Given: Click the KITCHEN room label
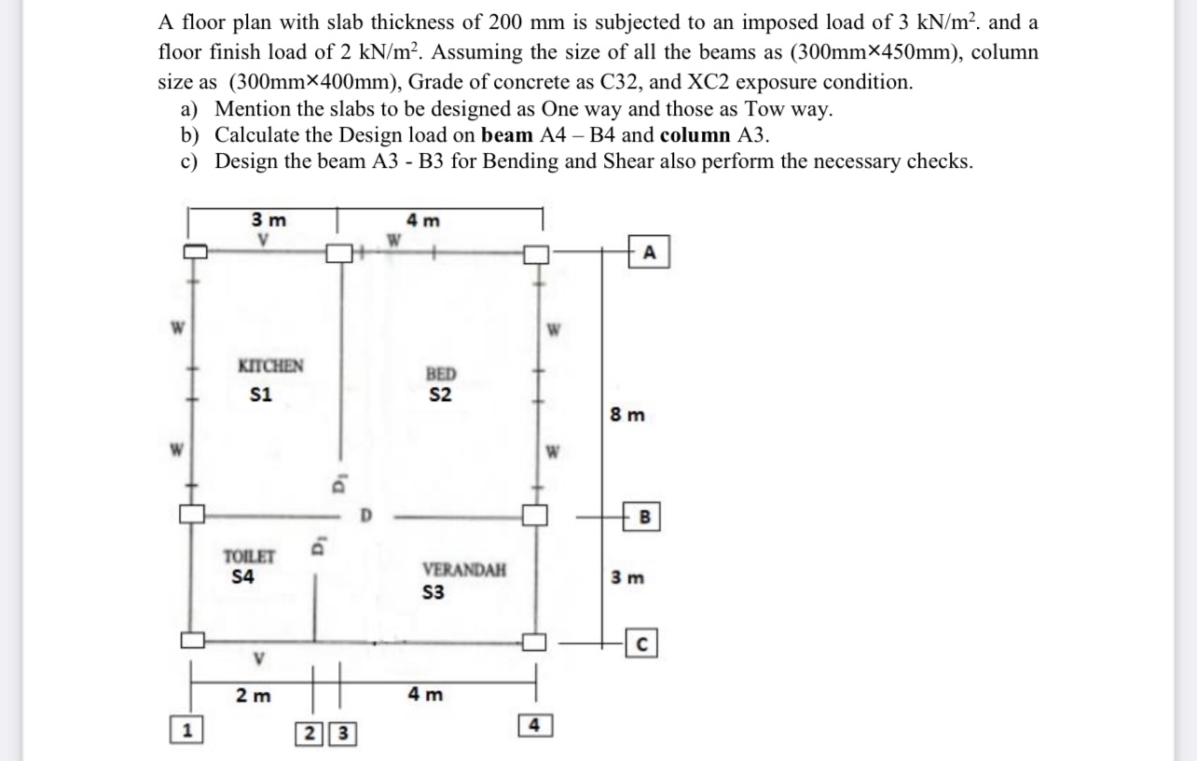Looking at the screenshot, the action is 270,366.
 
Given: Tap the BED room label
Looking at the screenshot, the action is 440,374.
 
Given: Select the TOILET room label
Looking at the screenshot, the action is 249,557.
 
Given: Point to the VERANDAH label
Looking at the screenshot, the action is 464,570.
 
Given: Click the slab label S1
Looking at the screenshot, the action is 261,394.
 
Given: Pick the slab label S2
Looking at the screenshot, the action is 440,394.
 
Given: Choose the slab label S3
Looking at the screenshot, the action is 433,593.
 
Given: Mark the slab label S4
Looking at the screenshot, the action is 243,577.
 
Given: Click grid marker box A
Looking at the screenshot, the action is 650,252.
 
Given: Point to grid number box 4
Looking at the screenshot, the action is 534,724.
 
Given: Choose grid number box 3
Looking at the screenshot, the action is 342,733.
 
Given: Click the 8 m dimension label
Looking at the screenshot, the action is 627,415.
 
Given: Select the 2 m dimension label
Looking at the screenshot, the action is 253,696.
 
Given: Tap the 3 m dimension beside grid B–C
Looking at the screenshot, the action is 627,577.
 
